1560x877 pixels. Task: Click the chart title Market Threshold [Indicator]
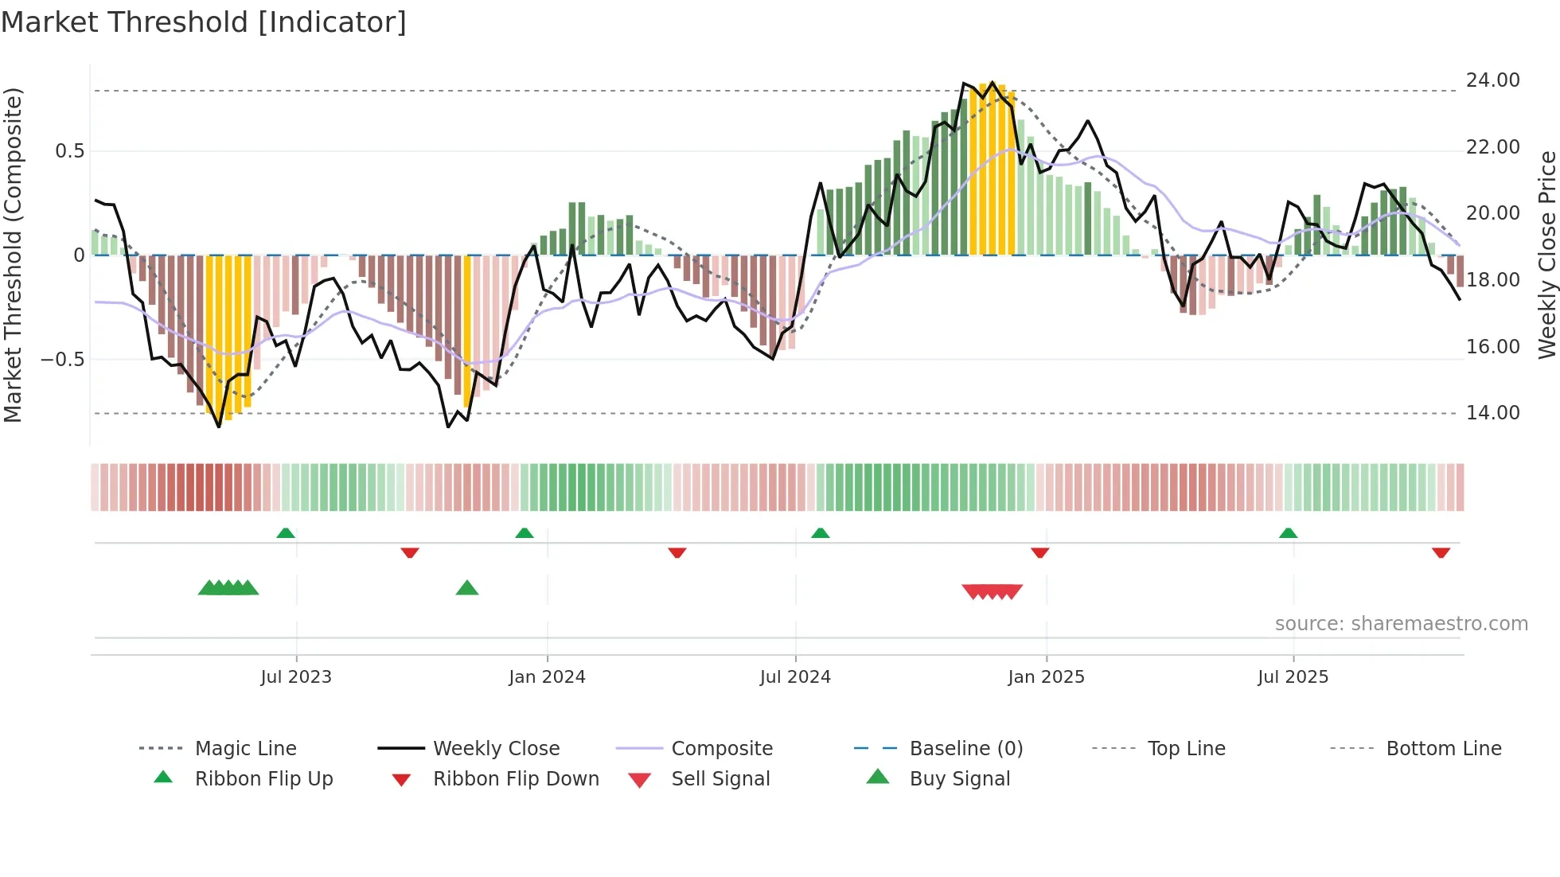coord(204,22)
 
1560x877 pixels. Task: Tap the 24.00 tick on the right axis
coord(1492,80)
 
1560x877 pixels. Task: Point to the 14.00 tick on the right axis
coord(1492,413)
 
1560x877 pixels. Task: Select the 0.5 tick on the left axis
coord(69,151)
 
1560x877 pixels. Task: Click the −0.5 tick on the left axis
coord(63,360)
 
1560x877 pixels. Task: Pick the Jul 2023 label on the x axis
coord(296,677)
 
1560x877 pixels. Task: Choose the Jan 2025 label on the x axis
coord(1046,677)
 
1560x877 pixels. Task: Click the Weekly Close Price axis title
coord(1546,255)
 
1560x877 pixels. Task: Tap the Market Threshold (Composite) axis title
coord(13,255)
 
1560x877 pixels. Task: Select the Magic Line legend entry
coord(245,749)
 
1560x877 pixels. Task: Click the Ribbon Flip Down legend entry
coord(516,779)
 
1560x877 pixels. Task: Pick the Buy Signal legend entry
coord(959,779)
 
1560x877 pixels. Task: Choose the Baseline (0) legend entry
coord(965,749)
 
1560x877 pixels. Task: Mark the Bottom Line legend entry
coord(1443,749)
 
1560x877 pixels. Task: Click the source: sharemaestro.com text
coord(1401,624)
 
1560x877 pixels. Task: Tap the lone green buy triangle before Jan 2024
coord(467,589)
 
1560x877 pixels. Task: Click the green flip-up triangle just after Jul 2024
coord(821,533)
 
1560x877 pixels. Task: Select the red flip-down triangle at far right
coord(1441,552)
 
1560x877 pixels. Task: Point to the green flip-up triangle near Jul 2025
coord(1289,533)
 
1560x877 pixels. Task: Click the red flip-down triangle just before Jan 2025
coord(1039,552)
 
